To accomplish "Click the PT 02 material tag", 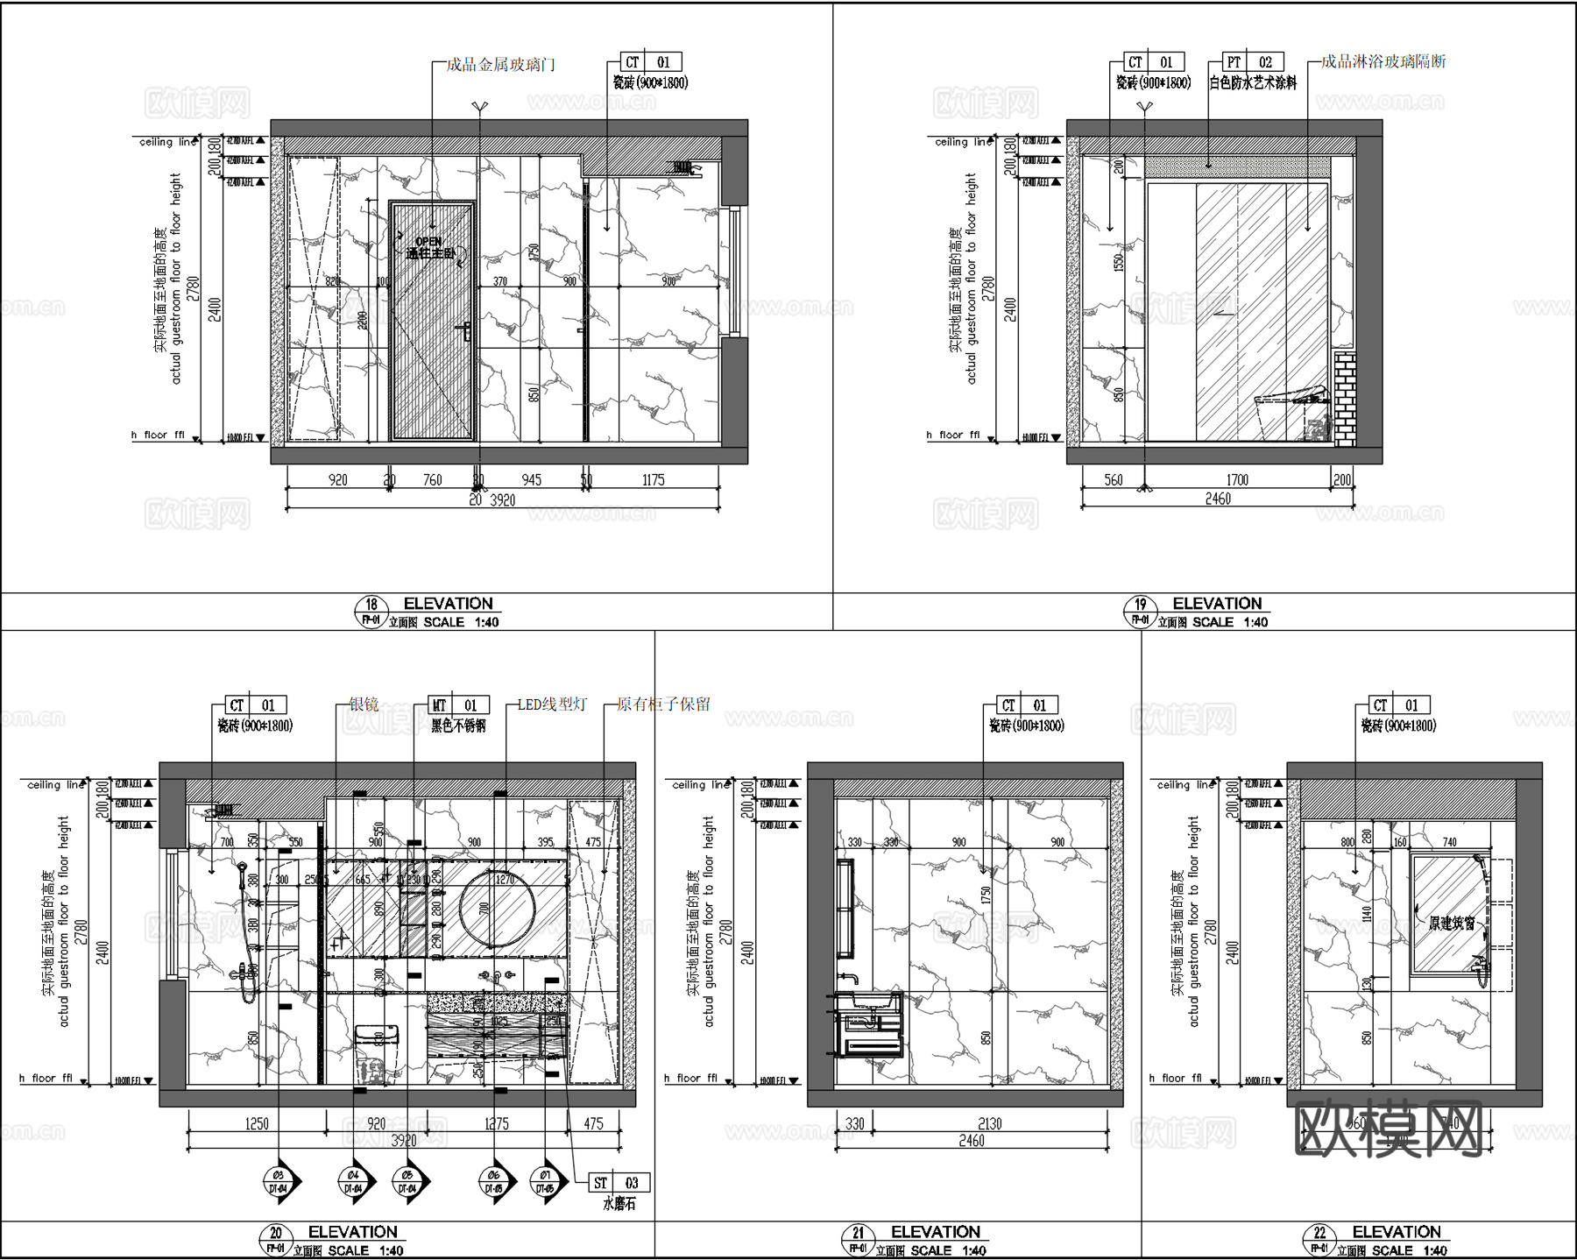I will click(x=1252, y=62).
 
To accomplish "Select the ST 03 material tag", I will click(x=618, y=1183).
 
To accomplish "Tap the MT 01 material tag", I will click(x=457, y=705).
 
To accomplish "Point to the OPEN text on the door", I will click(x=428, y=241).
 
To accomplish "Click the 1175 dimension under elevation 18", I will click(x=653, y=480).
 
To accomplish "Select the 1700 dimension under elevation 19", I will click(x=1237, y=480).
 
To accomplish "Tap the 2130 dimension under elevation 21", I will click(x=989, y=1123).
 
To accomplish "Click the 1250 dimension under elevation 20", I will click(x=257, y=1123).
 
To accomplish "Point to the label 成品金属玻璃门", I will click(x=500, y=64).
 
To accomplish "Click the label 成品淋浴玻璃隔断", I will click(x=1383, y=61).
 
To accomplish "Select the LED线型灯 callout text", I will click(x=552, y=704).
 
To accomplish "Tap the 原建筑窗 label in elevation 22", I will click(x=1452, y=923).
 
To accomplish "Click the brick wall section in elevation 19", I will click(x=1344, y=399).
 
